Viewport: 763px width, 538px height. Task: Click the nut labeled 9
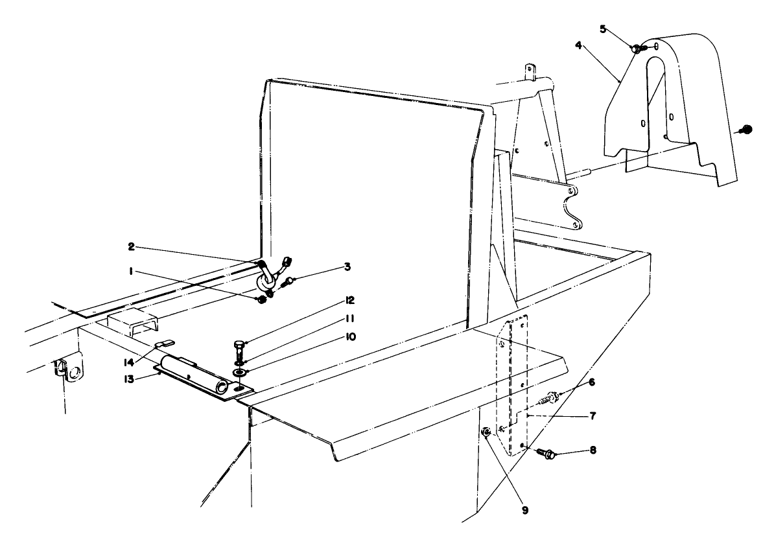(x=485, y=432)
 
